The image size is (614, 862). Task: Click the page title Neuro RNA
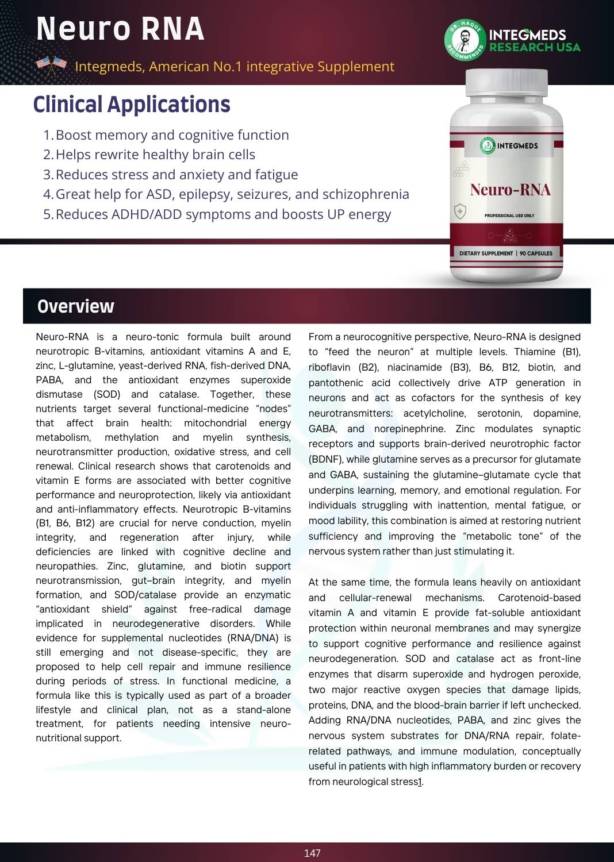(x=120, y=29)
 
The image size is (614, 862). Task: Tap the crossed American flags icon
(x=52, y=65)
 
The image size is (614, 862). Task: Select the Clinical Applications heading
(x=132, y=105)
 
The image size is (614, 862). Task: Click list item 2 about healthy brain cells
(x=155, y=155)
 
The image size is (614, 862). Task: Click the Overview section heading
(x=75, y=306)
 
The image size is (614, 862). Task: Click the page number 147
(x=312, y=853)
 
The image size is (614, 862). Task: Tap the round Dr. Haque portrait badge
(x=465, y=40)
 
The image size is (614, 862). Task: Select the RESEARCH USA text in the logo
(x=535, y=47)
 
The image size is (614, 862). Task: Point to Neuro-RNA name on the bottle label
(x=510, y=190)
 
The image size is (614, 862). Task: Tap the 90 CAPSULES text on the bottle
(x=536, y=253)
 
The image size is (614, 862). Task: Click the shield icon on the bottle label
(x=460, y=211)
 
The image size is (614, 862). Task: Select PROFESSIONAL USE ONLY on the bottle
(x=509, y=215)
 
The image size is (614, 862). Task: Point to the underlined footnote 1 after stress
(x=420, y=782)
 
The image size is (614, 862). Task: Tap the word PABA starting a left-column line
(x=48, y=380)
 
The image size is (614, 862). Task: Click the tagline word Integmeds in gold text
(x=109, y=67)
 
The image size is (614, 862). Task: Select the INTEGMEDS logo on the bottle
(x=509, y=146)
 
